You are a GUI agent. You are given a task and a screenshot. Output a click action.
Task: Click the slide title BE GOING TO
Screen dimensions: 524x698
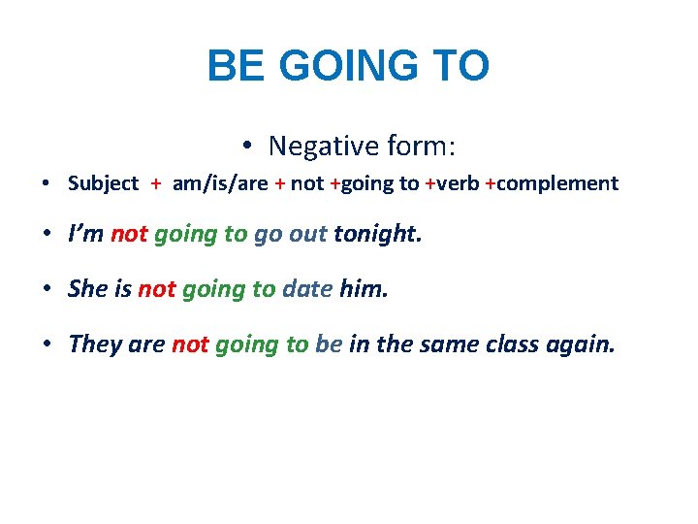pyautogui.click(x=348, y=66)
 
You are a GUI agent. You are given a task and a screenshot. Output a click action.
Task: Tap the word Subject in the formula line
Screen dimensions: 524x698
pyautogui.click(x=103, y=183)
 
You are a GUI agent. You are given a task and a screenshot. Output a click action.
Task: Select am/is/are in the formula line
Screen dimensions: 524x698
pyautogui.click(x=220, y=183)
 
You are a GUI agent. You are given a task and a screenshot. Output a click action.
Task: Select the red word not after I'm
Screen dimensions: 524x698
pyautogui.click(x=128, y=234)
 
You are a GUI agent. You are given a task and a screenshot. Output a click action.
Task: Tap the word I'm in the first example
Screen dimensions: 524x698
pyautogui.click(x=86, y=234)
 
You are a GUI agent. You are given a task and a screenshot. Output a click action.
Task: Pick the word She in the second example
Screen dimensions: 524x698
pyautogui.click(x=88, y=288)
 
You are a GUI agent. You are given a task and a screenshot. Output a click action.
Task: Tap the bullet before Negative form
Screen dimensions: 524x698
pyautogui.click(x=248, y=147)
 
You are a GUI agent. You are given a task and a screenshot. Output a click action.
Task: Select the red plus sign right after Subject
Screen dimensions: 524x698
pyautogui.click(x=155, y=183)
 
